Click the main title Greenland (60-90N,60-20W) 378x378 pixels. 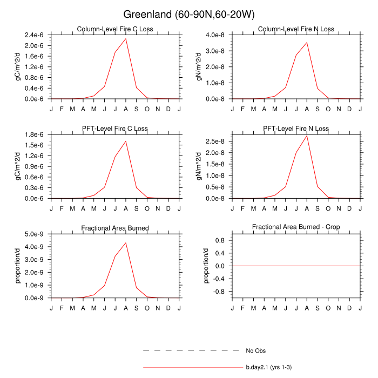click(x=188, y=14)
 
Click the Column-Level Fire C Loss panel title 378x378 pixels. click(x=115, y=29)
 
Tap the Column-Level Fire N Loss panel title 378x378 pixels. click(x=296, y=29)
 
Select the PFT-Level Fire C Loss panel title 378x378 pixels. click(x=115, y=129)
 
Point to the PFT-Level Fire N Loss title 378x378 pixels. click(x=296, y=129)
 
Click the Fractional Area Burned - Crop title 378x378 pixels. click(x=296, y=228)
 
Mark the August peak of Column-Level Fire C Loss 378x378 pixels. click(x=126, y=38)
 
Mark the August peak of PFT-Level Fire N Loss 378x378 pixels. click(x=307, y=136)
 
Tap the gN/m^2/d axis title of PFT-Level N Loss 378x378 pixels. click(x=200, y=166)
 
